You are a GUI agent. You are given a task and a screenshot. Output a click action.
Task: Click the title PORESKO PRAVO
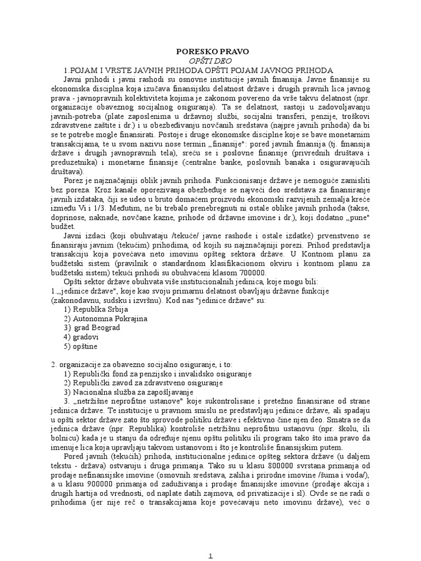(x=212, y=51)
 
